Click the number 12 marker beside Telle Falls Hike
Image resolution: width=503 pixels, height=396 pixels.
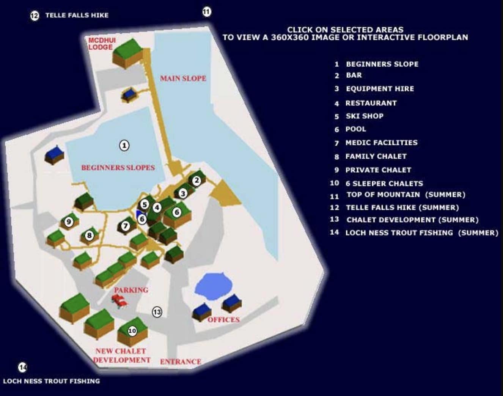(x=35, y=16)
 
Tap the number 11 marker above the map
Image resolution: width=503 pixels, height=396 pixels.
(x=207, y=12)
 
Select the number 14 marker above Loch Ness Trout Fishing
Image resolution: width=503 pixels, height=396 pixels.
(x=23, y=367)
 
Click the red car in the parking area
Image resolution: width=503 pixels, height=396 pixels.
(x=119, y=301)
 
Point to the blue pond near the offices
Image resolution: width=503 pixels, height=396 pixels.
(x=213, y=286)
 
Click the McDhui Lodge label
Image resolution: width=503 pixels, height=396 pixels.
(x=102, y=44)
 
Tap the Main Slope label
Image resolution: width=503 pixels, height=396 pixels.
(x=183, y=78)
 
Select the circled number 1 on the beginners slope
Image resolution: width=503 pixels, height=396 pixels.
(x=124, y=146)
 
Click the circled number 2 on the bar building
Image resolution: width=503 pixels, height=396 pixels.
(x=196, y=181)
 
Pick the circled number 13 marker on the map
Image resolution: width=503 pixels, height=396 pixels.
(x=157, y=312)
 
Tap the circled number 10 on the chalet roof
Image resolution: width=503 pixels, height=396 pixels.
(x=132, y=331)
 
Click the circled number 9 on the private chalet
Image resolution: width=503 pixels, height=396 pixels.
(x=69, y=222)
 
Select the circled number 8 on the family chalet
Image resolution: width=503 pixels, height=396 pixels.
(x=89, y=236)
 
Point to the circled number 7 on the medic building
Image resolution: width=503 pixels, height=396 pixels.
(x=126, y=226)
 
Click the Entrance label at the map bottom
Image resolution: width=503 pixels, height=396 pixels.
(x=181, y=361)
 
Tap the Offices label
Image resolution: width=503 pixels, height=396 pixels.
(x=224, y=320)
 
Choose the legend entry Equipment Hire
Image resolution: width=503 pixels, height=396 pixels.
(x=380, y=89)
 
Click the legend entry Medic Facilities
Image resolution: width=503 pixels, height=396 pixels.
(x=382, y=143)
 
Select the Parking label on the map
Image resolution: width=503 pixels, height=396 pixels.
(x=131, y=290)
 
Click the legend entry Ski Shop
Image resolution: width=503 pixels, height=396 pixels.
(x=365, y=116)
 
